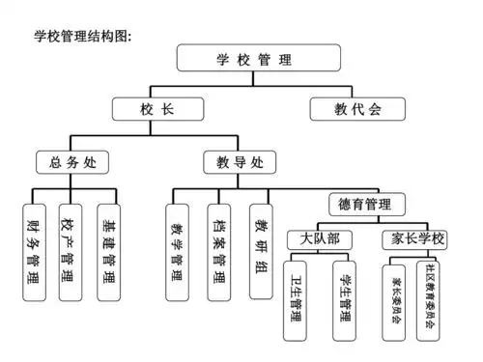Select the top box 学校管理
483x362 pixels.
249,59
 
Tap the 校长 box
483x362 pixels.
156,108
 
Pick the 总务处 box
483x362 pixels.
72,161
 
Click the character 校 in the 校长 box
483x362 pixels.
144,108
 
